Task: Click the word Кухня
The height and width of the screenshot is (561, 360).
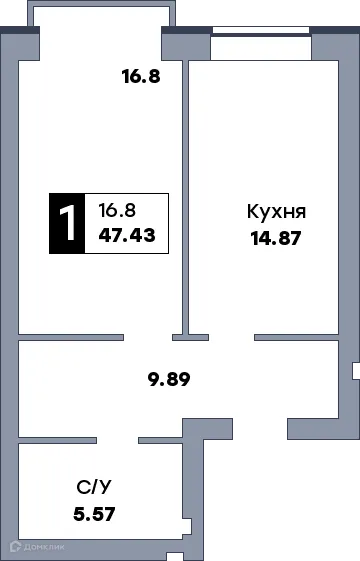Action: (x=275, y=212)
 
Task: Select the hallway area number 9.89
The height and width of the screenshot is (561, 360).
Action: (x=169, y=379)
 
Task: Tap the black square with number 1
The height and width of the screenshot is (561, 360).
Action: (x=67, y=223)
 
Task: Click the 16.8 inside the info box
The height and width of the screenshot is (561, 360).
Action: (x=117, y=210)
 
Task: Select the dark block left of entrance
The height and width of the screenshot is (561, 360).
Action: (x=236, y=431)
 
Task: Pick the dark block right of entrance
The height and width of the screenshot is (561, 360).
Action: (x=284, y=431)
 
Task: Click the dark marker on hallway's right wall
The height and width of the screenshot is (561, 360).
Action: (x=355, y=371)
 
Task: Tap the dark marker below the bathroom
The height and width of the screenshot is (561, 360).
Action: (x=176, y=555)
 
